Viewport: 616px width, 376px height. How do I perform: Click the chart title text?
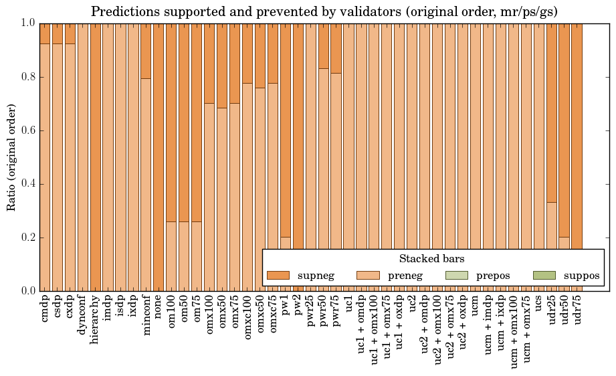pyautogui.click(x=324, y=11)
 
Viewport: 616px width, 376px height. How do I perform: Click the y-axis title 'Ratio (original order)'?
pyautogui.click(x=11, y=157)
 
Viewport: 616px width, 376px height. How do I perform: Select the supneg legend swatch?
pyautogui.click(x=278, y=275)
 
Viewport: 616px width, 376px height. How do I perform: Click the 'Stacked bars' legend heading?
pyautogui.click(x=432, y=258)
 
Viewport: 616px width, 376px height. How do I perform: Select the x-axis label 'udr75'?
pyautogui.click(x=578, y=311)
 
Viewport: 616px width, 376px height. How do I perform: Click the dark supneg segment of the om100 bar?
pyautogui.click(x=172, y=120)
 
